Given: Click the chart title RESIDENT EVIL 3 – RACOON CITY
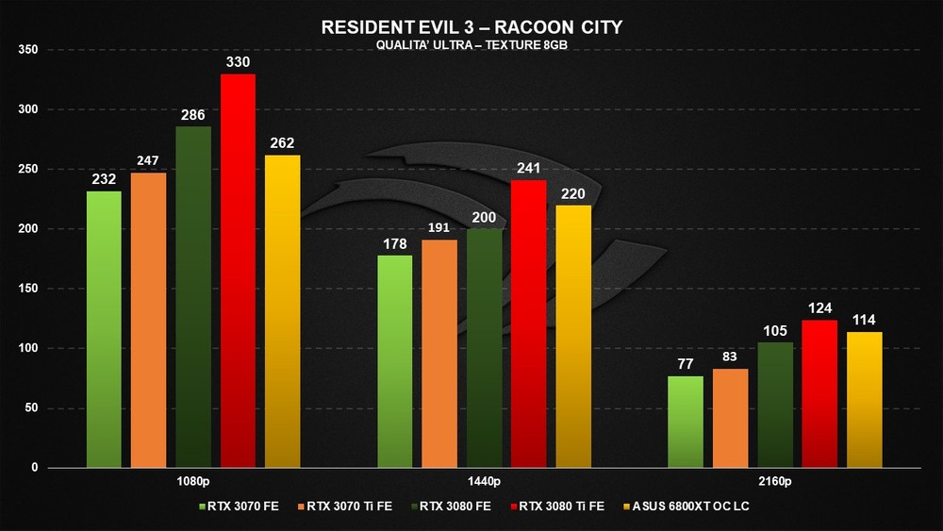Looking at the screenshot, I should pyautogui.click(x=471, y=27).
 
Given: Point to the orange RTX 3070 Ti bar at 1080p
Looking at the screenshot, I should pyautogui.click(x=148, y=320).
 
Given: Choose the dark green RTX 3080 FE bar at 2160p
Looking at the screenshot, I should pyautogui.click(x=775, y=405).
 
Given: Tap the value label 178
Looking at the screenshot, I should pyautogui.click(x=395, y=245).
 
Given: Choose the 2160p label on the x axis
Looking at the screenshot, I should pyautogui.click(x=774, y=481).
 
